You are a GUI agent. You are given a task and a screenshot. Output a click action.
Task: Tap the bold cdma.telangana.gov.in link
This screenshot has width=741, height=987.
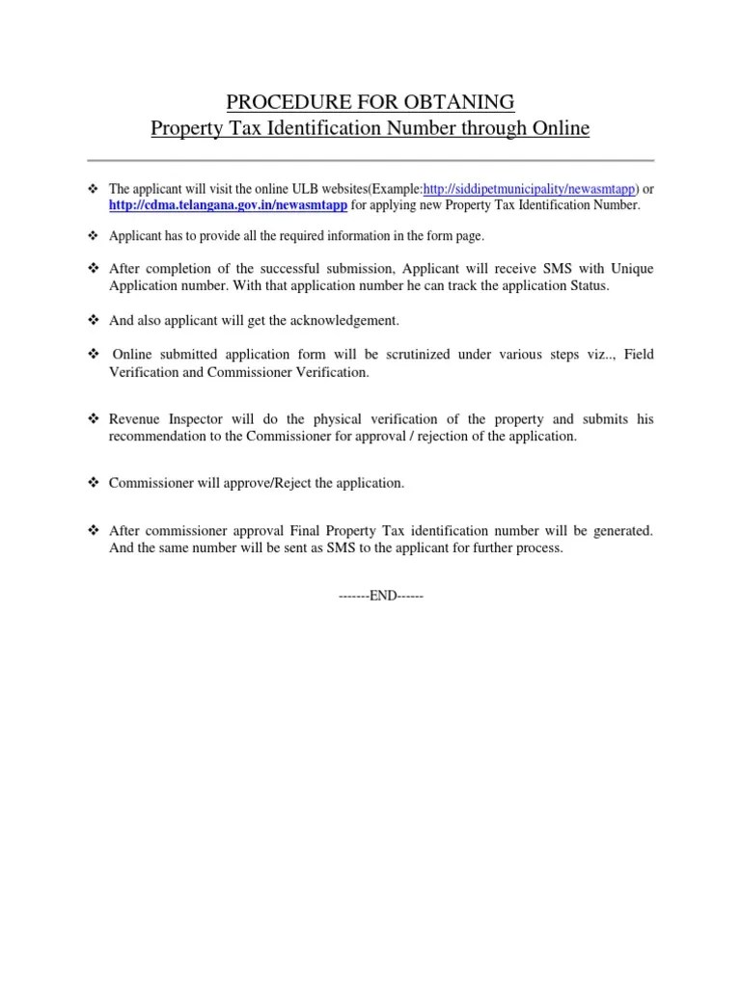(227, 205)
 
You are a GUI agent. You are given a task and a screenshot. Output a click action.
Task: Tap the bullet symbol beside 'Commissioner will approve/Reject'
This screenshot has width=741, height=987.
(94, 483)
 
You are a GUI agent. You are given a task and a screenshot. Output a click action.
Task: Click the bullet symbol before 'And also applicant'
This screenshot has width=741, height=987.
(94, 320)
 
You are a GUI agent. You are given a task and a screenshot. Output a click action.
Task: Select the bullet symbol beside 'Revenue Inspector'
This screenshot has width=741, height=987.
(94, 419)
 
